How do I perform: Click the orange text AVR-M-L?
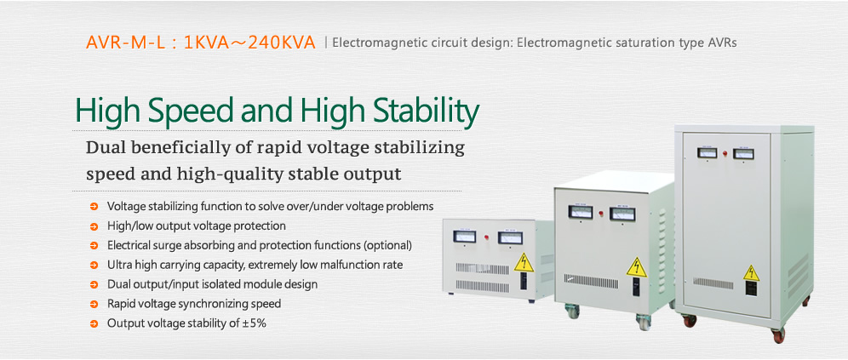(x=125, y=43)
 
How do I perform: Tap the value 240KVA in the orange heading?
(x=282, y=43)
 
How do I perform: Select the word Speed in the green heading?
(x=192, y=111)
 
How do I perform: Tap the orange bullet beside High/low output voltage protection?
(x=95, y=226)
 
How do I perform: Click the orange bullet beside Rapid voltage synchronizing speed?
(x=95, y=305)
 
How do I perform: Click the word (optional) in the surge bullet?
(x=387, y=245)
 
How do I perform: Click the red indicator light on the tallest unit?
(x=725, y=153)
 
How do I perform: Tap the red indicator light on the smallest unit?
(x=488, y=237)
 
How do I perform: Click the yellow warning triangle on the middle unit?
(x=637, y=267)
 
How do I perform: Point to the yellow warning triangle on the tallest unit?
(x=751, y=273)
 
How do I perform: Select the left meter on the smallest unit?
(x=464, y=237)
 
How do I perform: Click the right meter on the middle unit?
(x=622, y=214)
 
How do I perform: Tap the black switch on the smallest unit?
(x=523, y=282)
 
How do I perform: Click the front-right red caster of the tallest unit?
(x=777, y=334)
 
